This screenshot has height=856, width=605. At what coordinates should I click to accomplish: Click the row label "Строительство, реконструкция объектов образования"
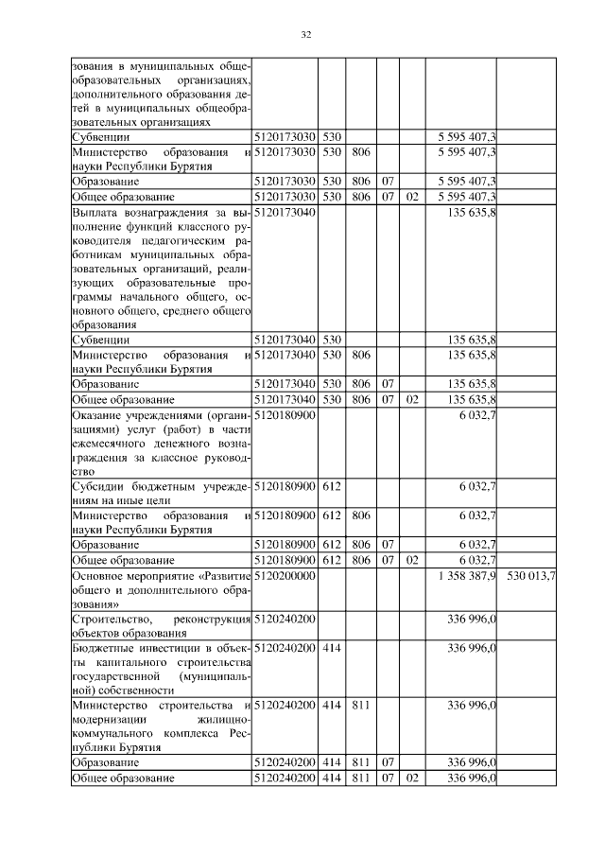161,625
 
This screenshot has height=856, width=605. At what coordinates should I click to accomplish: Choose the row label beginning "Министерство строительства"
161,725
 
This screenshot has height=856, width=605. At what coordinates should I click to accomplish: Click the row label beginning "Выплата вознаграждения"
161,269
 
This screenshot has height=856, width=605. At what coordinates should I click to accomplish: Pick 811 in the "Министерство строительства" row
360,705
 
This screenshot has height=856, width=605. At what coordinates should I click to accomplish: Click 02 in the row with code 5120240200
411,778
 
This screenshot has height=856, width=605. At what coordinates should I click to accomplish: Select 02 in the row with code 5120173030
411,197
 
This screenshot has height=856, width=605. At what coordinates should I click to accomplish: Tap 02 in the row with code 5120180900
411,560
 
